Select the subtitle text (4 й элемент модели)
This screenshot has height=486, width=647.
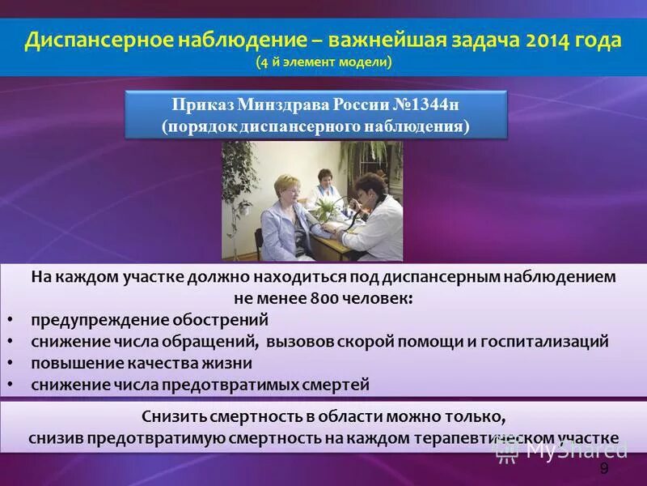[x=323, y=62]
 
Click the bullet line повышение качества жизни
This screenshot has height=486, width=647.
[x=142, y=363]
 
